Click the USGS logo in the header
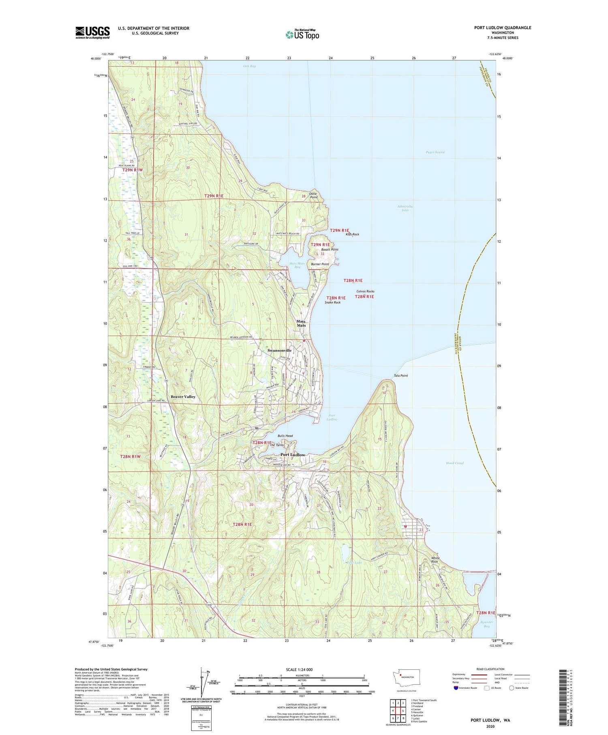[x=92, y=32]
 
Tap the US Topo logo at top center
[x=302, y=35]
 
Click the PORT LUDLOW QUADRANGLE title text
[x=503, y=28]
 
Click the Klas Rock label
[x=352, y=234]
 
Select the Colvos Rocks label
[x=365, y=291]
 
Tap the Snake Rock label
[x=332, y=302]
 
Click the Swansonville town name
[x=279, y=350]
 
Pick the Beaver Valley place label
[x=183, y=396]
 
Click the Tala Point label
[x=401, y=375]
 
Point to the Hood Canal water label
[x=454, y=463]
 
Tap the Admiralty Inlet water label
[x=405, y=208]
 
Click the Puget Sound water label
[x=435, y=152]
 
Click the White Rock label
[x=435, y=560]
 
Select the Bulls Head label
[x=285, y=436]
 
